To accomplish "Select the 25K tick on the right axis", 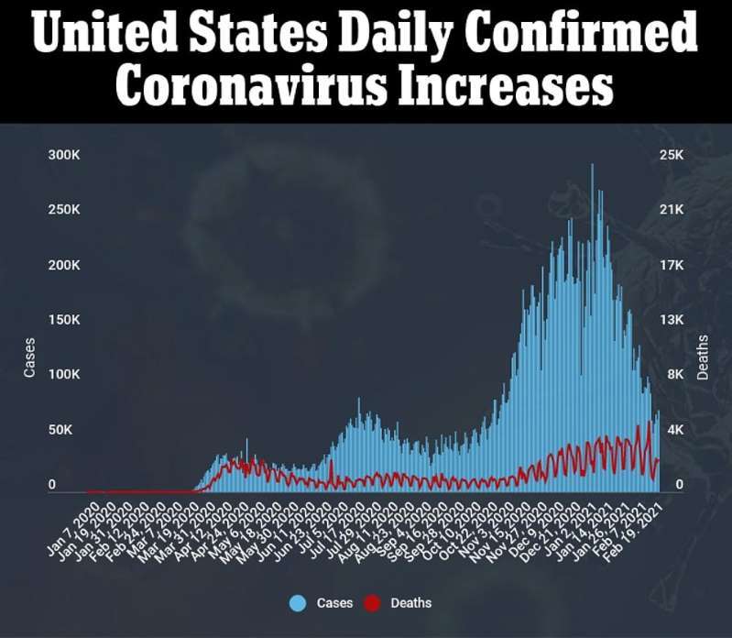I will pyautogui.click(x=672, y=155).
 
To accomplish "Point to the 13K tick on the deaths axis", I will pyautogui.click(x=672, y=320).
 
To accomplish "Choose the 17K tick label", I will pyautogui.click(x=672, y=265).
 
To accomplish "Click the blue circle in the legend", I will pyautogui.click(x=297, y=602).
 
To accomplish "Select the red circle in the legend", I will pyautogui.click(x=371, y=602).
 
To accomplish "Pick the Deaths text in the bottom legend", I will pyautogui.click(x=410, y=603).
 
